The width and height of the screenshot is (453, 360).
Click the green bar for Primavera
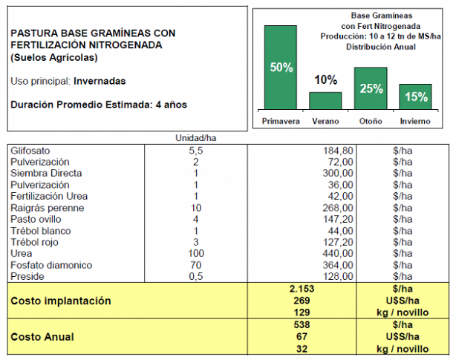(x=281, y=68)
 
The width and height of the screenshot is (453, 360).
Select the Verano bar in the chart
(x=325, y=101)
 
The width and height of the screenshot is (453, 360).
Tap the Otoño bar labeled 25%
(x=371, y=88)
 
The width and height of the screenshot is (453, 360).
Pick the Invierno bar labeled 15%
(x=415, y=97)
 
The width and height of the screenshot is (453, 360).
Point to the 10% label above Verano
(x=325, y=80)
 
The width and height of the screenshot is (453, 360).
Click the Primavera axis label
(x=281, y=121)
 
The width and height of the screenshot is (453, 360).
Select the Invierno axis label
(x=415, y=121)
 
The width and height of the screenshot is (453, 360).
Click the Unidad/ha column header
(x=195, y=138)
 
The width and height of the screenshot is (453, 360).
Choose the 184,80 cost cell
(x=338, y=151)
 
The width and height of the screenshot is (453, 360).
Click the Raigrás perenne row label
(x=47, y=208)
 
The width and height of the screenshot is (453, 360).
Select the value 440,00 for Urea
(x=338, y=253)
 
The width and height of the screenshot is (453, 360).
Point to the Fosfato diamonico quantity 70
(x=195, y=265)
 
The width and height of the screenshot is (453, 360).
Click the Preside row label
(x=27, y=277)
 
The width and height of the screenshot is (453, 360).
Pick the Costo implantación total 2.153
(x=302, y=289)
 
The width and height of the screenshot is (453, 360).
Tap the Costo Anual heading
(x=42, y=337)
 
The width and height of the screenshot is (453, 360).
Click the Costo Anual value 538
(x=302, y=325)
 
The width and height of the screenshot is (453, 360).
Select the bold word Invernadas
(x=100, y=81)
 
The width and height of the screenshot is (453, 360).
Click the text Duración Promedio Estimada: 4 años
(x=99, y=105)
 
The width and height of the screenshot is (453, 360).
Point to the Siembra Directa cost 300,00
(x=338, y=173)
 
